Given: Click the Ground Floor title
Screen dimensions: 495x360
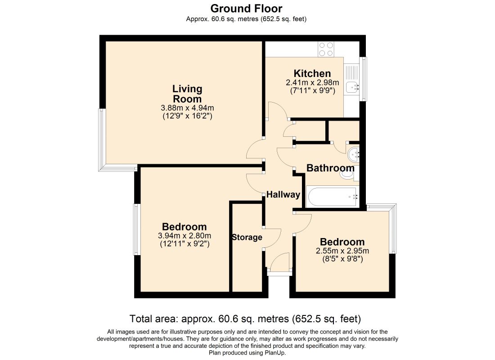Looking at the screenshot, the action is [x=246, y=8].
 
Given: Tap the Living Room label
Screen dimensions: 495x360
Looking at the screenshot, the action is [x=187, y=94].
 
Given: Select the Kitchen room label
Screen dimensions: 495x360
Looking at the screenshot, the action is [x=312, y=73].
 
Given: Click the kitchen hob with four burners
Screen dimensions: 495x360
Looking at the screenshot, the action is [x=326, y=49].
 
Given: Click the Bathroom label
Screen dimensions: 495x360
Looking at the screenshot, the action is [x=330, y=168].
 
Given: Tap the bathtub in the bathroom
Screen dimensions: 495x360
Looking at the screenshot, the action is [x=332, y=196].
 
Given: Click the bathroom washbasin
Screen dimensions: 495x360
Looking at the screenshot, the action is [x=353, y=155].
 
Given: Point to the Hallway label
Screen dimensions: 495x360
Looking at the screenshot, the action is [x=283, y=194].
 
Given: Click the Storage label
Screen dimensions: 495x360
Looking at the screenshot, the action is [x=247, y=237].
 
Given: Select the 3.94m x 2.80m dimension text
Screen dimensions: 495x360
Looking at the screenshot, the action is [x=184, y=236].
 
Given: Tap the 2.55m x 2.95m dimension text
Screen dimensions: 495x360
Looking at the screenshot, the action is [x=342, y=251].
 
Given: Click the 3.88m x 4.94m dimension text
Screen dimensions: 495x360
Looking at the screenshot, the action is [x=187, y=108].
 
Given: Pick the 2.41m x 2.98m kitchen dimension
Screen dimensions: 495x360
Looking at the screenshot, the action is [x=312, y=82].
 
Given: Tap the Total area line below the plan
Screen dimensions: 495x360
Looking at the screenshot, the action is [x=245, y=319].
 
